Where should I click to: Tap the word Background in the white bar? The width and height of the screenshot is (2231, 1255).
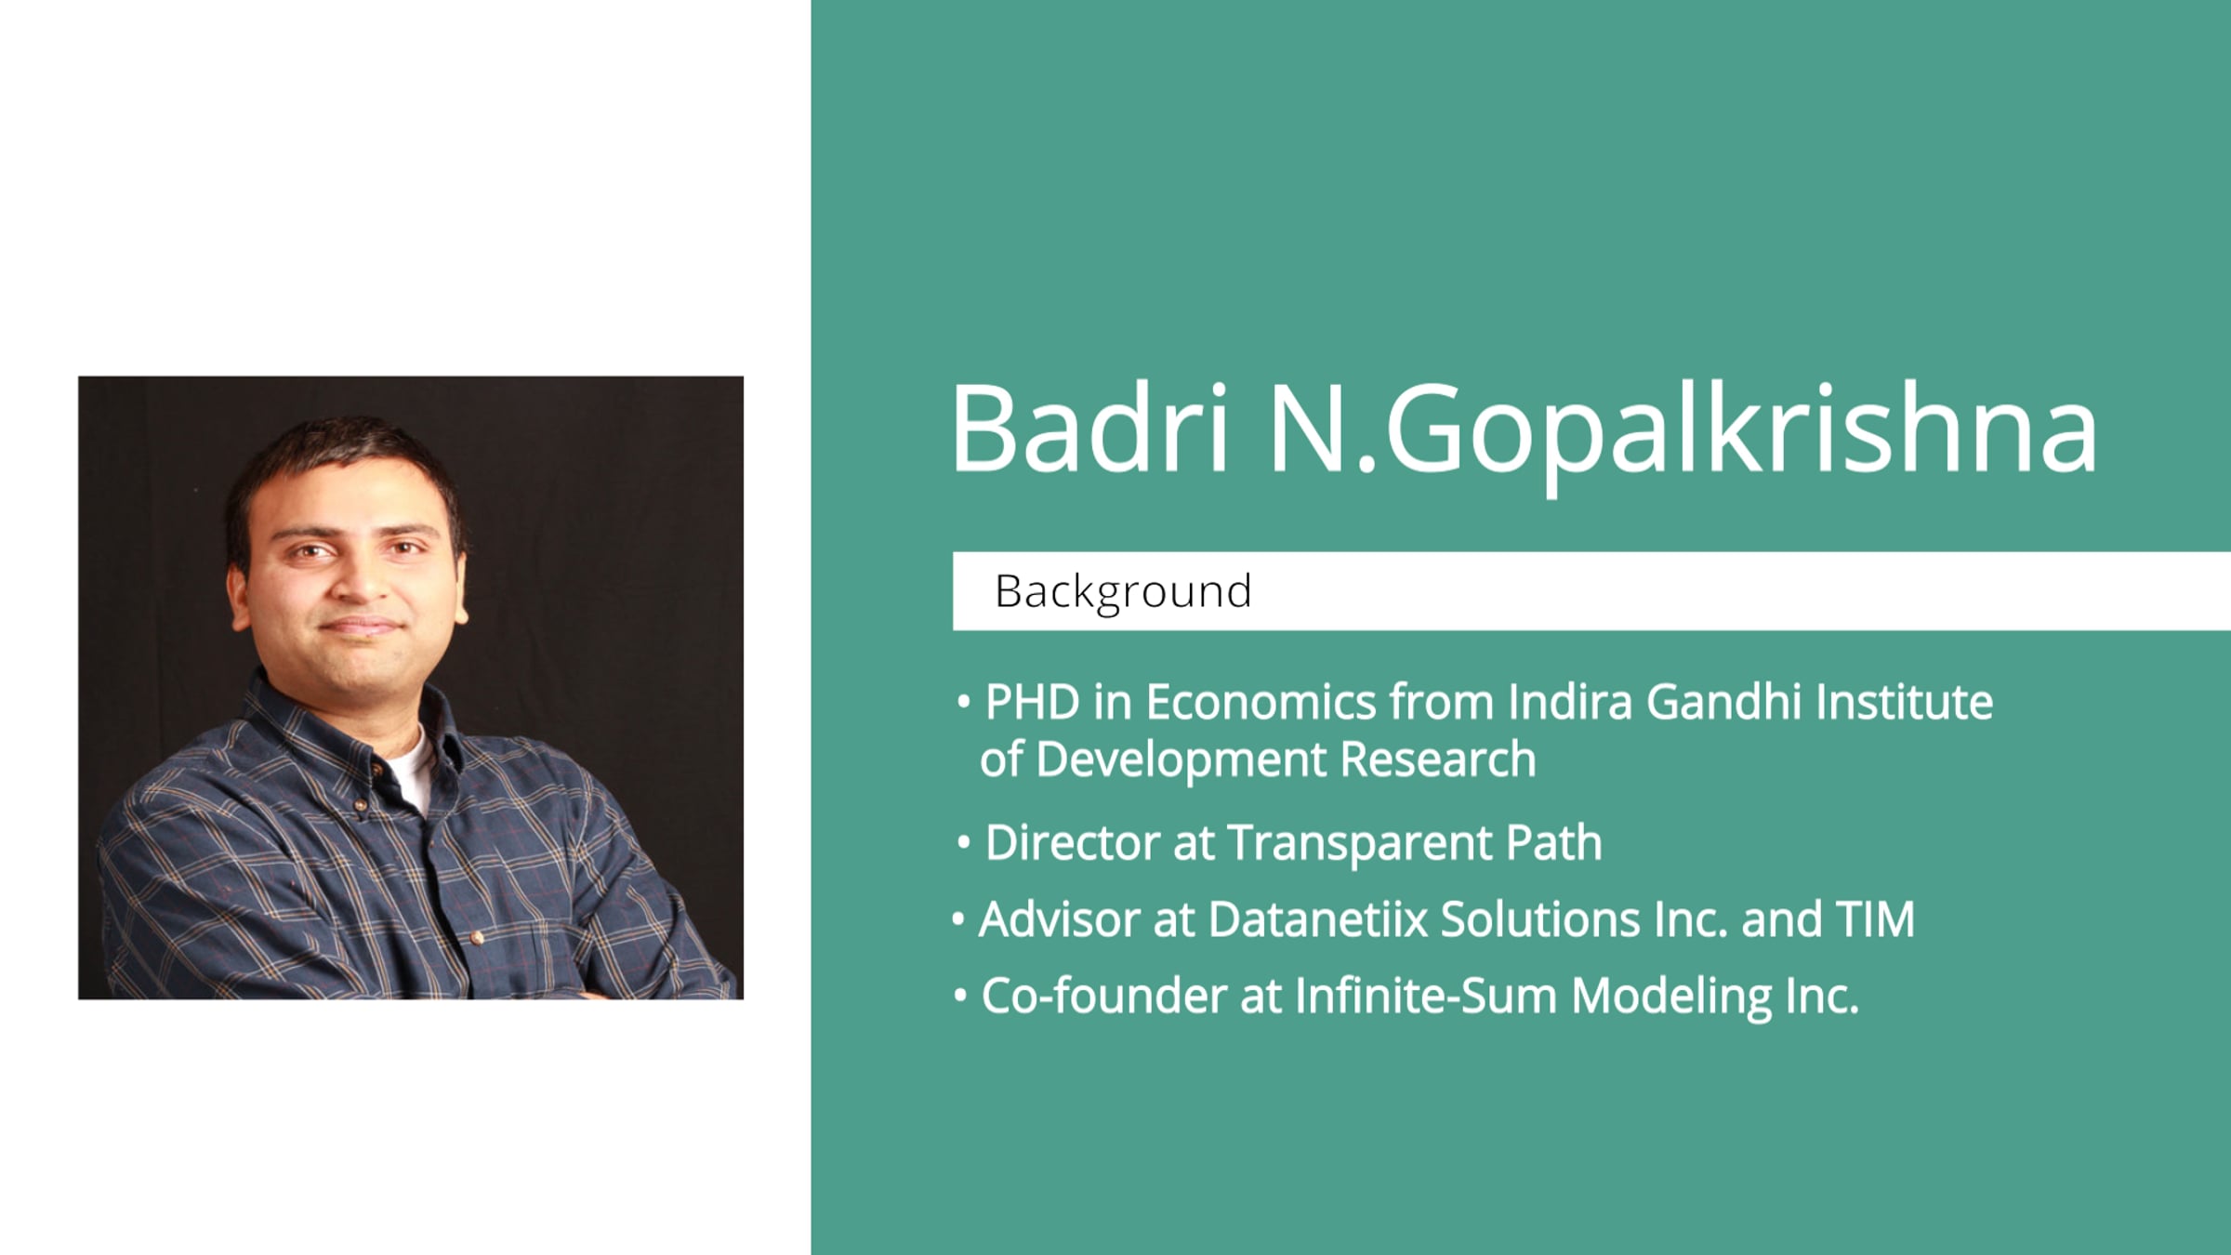[1123, 592]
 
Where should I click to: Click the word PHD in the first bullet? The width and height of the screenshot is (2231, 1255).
[1032, 702]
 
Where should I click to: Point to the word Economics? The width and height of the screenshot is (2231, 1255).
[1261, 702]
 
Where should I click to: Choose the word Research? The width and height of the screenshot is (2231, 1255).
[1437, 760]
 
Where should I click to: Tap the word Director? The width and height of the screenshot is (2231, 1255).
[1071, 843]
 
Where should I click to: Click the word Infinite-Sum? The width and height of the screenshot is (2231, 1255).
[1426, 996]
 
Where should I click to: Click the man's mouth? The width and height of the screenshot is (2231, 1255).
[362, 626]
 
